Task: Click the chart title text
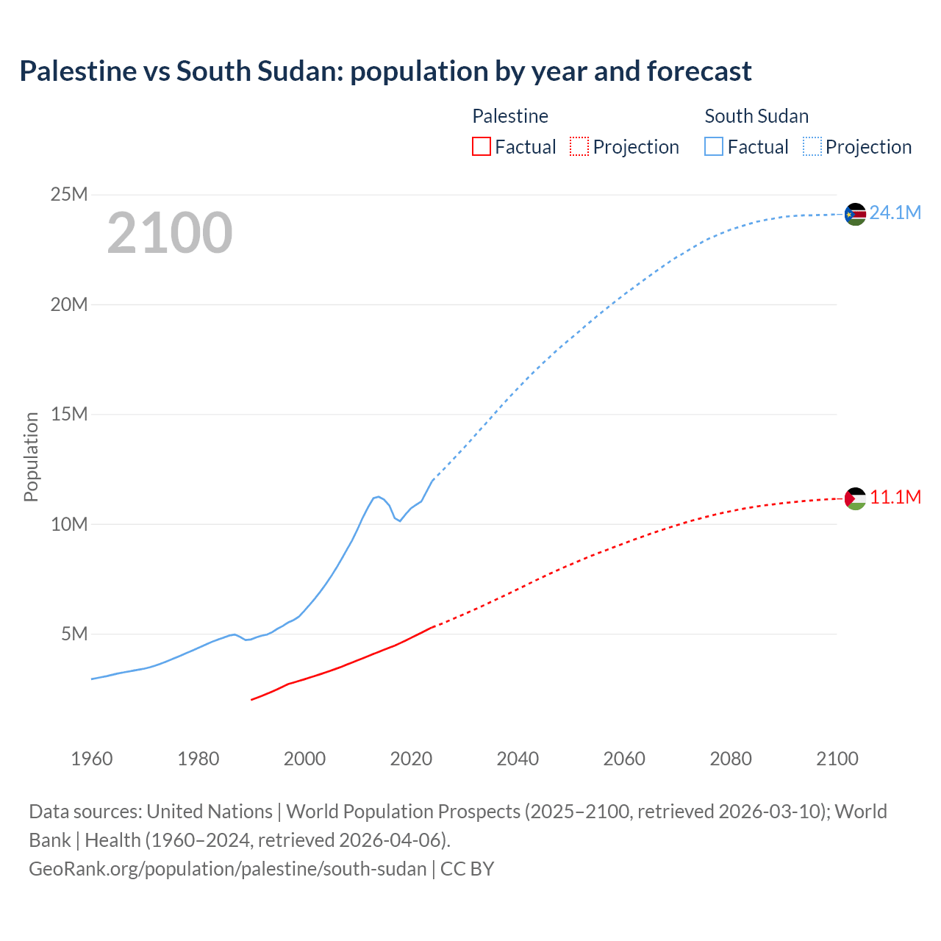coord(385,71)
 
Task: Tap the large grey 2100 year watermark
coord(170,233)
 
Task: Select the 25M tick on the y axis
coord(68,195)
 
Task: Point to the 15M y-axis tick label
coord(68,415)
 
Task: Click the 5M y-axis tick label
coord(74,634)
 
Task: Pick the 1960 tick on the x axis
coord(92,759)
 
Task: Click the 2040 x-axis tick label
coord(518,759)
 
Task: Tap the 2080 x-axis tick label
coord(731,759)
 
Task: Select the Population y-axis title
coord(31,457)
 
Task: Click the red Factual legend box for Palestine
coord(482,146)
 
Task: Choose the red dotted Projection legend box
coord(579,146)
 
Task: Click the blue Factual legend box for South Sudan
coord(714,146)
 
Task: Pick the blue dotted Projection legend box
coord(812,146)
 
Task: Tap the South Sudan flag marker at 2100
coord(855,214)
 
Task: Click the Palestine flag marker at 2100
coord(855,499)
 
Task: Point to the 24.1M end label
coord(895,213)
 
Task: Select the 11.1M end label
coord(895,498)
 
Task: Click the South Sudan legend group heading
coord(756,116)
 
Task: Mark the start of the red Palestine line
coord(252,699)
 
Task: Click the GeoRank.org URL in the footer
coord(228,869)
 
